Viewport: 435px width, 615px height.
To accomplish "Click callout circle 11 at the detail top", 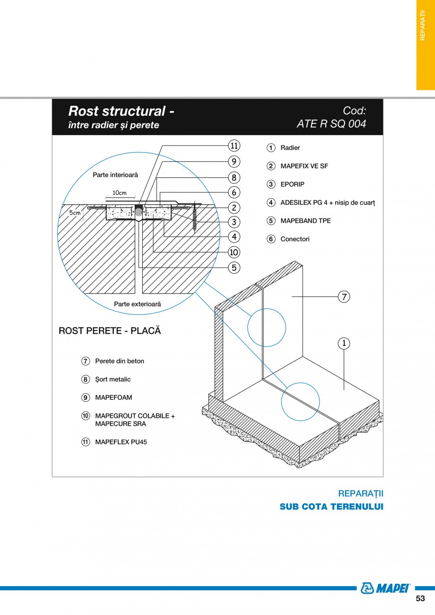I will pyautogui.click(x=234, y=145).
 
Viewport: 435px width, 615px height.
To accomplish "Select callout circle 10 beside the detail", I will pyautogui.click(x=234, y=252).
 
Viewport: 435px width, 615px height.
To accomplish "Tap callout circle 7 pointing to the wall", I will pyautogui.click(x=344, y=297).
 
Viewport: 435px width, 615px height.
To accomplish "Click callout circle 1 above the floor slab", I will pyautogui.click(x=344, y=343).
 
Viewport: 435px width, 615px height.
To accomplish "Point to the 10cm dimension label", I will pyautogui.click(x=120, y=193).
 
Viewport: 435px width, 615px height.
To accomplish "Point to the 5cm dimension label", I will pyautogui.click(x=75, y=213).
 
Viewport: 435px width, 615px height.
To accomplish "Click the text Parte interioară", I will pyautogui.click(x=115, y=175).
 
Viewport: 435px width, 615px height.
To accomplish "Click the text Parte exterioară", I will pyautogui.click(x=137, y=304).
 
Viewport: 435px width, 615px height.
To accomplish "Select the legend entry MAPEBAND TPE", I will pyautogui.click(x=305, y=221).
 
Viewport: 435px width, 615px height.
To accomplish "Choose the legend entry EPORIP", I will pyautogui.click(x=292, y=184).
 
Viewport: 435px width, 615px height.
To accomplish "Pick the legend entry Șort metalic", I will pyautogui.click(x=113, y=379).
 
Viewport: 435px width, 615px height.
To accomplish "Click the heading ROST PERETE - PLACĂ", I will pyautogui.click(x=110, y=330).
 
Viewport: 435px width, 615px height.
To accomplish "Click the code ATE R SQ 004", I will pyautogui.click(x=331, y=124).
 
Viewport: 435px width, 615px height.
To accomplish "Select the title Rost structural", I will pyautogui.click(x=121, y=111).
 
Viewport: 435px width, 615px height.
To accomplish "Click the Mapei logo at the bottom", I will pyautogui.click(x=385, y=588).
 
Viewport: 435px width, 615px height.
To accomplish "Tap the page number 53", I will pyautogui.click(x=420, y=598).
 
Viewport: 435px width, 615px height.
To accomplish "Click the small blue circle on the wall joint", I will pyautogui.click(x=267, y=327).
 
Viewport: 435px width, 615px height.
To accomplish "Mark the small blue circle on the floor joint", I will pyautogui.click(x=300, y=401).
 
